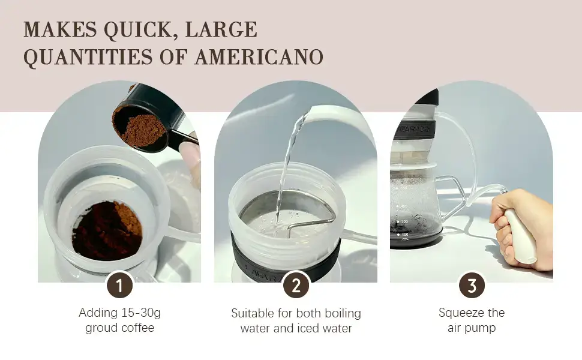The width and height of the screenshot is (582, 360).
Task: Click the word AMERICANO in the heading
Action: pos(259,57)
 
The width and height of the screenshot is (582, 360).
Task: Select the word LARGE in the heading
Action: pos(221,29)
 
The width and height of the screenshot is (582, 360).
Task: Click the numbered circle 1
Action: pos(119,286)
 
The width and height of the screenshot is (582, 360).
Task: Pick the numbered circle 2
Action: pos(296,286)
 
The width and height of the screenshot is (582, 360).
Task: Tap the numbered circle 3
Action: pos(472,286)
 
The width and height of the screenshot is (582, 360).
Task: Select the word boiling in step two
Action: pos(343,313)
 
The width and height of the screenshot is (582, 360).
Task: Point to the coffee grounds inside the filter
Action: pos(107,230)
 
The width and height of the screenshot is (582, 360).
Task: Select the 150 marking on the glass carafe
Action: pos(404,235)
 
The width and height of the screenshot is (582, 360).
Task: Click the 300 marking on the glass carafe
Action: pos(404,221)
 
